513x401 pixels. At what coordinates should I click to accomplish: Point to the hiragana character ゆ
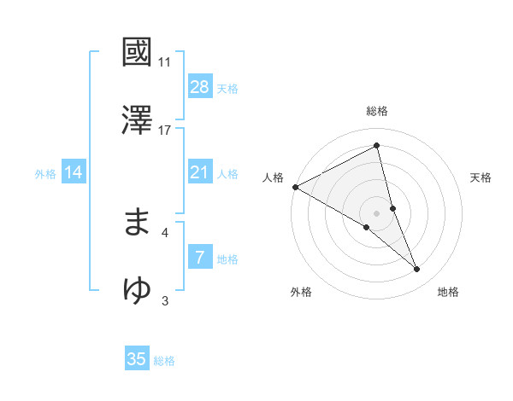click(138, 289)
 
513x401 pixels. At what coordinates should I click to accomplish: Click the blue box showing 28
click(200, 87)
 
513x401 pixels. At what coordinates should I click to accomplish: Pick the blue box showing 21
click(200, 172)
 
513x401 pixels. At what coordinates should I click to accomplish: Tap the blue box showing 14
click(74, 172)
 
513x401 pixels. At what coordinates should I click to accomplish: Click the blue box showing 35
click(137, 359)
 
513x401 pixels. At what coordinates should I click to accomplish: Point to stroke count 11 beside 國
click(165, 62)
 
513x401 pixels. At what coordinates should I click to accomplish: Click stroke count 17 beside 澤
click(165, 130)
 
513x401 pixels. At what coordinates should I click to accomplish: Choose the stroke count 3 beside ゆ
click(165, 299)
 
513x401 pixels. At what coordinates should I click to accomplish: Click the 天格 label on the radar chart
click(481, 177)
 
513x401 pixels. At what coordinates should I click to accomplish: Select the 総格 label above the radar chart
click(377, 111)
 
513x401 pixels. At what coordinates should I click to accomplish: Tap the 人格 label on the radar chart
click(273, 177)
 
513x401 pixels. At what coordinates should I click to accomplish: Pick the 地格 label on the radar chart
click(448, 293)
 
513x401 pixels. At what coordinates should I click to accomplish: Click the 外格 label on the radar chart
click(301, 293)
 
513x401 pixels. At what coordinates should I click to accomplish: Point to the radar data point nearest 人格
click(295, 187)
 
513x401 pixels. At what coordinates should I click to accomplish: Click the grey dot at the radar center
click(377, 212)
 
